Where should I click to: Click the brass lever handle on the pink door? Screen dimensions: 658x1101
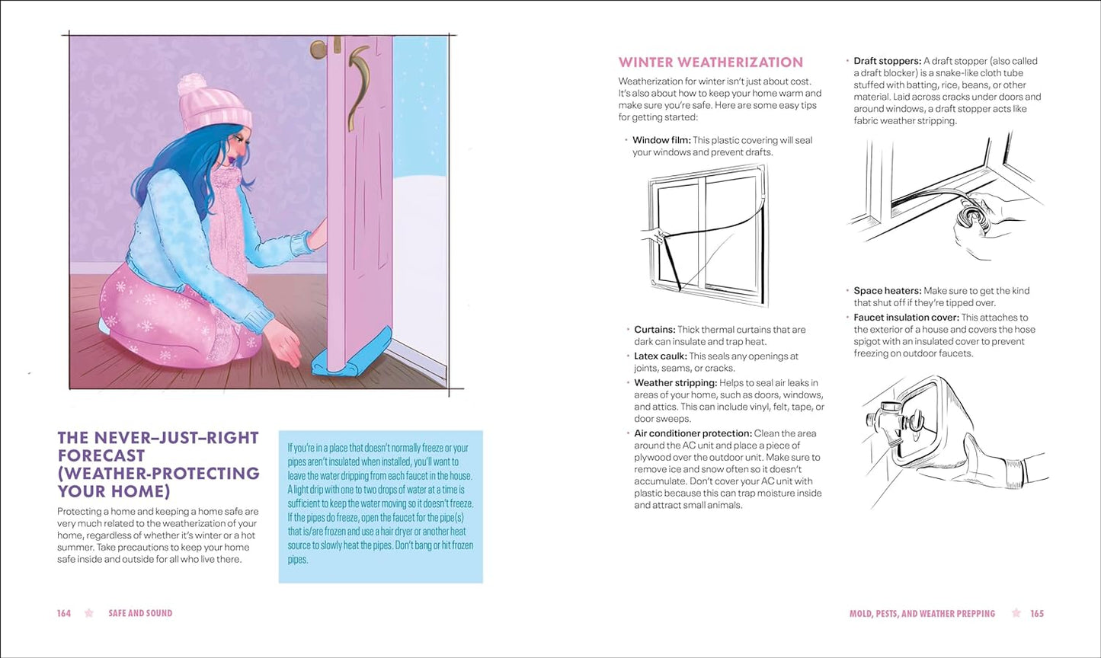pyautogui.click(x=358, y=84)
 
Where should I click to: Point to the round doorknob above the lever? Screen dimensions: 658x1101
pyautogui.click(x=318, y=50)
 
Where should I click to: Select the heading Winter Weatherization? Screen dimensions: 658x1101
pyautogui.click(x=710, y=62)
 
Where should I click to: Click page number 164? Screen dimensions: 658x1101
pyautogui.click(x=64, y=613)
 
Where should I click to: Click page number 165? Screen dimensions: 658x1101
pyautogui.click(x=1037, y=613)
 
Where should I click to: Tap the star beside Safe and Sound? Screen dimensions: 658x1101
pyautogui.click(x=89, y=613)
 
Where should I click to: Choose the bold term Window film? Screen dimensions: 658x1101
pyautogui.click(x=661, y=140)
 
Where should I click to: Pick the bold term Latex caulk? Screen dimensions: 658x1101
pyautogui.click(x=660, y=356)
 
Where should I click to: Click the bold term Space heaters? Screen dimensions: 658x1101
pyautogui.click(x=887, y=291)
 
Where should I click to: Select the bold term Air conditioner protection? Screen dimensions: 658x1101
pyautogui.click(x=693, y=433)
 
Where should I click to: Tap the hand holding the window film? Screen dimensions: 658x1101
pyautogui.click(x=654, y=235)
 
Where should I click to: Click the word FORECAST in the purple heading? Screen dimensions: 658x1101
pyautogui.click(x=101, y=455)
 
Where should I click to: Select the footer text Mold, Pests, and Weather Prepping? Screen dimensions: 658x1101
pyautogui.click(x=922, y=613)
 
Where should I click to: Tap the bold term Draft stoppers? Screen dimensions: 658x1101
pyautogui.click(x=887, y=61)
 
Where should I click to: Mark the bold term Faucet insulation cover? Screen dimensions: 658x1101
pyautogui.click(x=906, y=318)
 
